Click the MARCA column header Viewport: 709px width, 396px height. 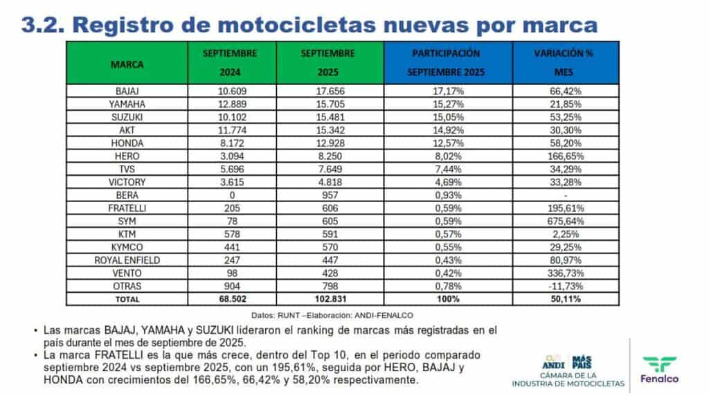(x=127, y=64)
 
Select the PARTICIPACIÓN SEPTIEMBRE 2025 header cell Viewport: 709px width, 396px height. (x=446, y=63)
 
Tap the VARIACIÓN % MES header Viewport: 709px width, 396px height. (x=564, y=63)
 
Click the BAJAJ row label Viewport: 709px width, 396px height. (x=127, y=91)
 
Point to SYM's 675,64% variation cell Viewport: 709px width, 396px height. (x=564, y=220)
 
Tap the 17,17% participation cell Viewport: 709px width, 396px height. (x=446, y=91)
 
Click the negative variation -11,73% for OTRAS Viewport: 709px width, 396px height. (x=564, y=285)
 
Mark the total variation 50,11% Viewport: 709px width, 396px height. (x=564, y=298)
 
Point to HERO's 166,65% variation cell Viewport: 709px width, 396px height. (x=564, y=156)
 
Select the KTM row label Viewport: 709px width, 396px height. (x=127, y=233)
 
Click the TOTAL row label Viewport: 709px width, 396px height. (x=127, y=298)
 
